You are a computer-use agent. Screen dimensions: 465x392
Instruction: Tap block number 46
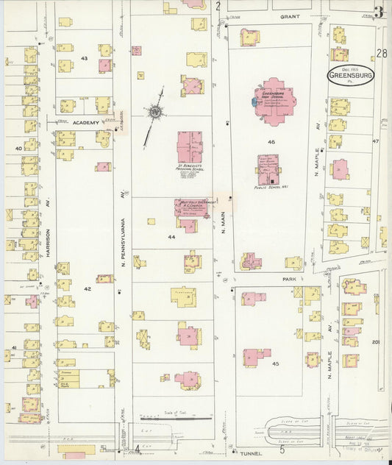click(271, 141)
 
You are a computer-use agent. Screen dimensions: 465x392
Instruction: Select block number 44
click(171, 237)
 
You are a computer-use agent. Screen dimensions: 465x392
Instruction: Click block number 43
click(85, 58)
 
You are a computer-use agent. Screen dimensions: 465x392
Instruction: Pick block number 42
click(87, 289)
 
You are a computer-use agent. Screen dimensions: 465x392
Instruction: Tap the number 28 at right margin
click(382, 53)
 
